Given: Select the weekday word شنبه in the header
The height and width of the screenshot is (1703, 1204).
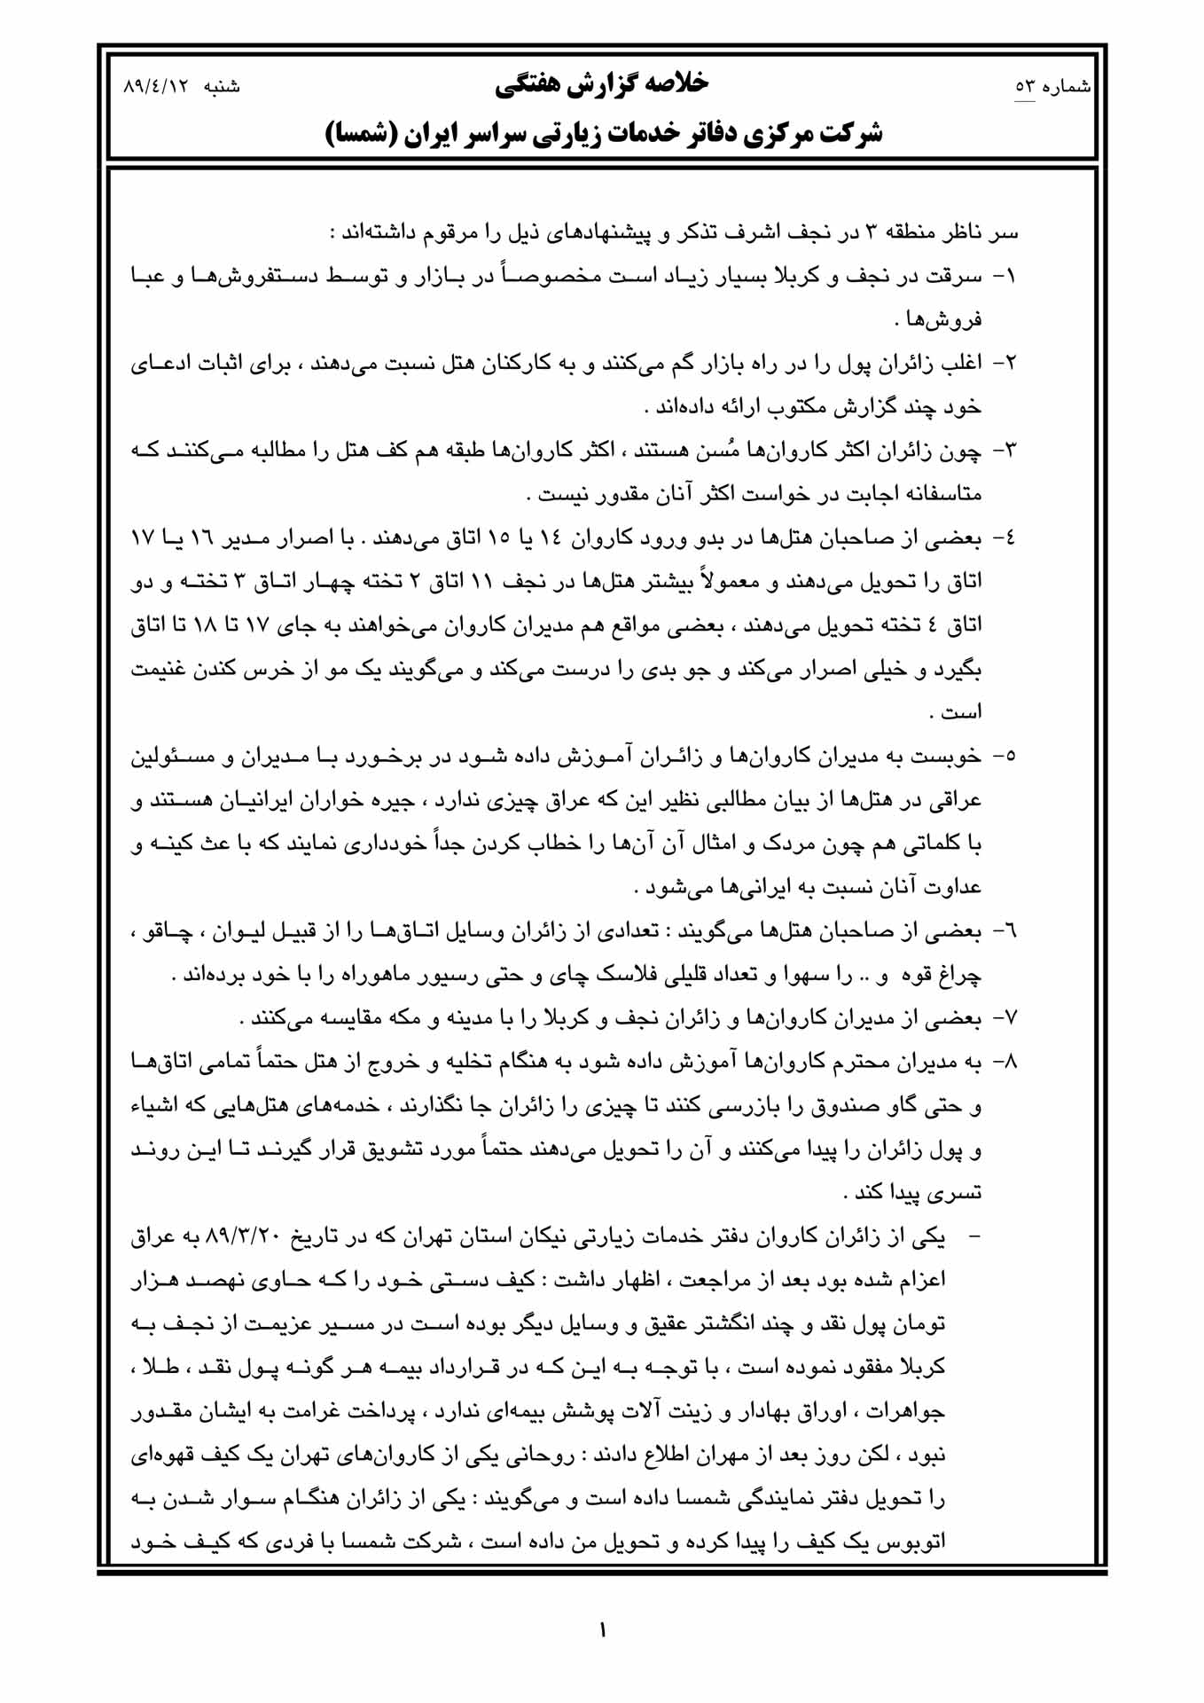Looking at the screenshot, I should (x=223, y=87).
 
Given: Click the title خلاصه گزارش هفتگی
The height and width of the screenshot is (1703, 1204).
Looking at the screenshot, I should (x=602, y=83).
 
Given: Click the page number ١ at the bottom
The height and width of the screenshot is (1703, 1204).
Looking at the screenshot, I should (x=603, y=1629).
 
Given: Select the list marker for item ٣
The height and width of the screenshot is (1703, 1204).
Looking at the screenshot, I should (x=1005, y=451).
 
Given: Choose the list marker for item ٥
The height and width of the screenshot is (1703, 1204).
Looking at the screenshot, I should (x=1005, y=757).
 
